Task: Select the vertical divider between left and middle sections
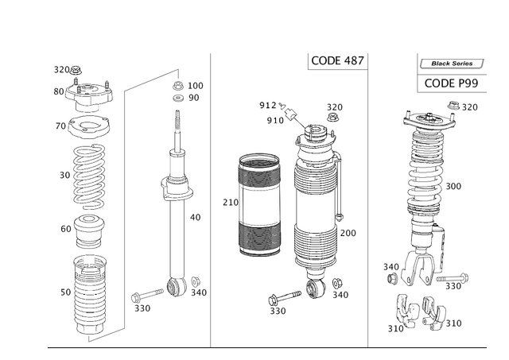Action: [209, 199]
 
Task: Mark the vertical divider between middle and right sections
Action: [367, 199]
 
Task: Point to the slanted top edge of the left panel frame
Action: [151, 77]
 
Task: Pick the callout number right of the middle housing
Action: [348, 230]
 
